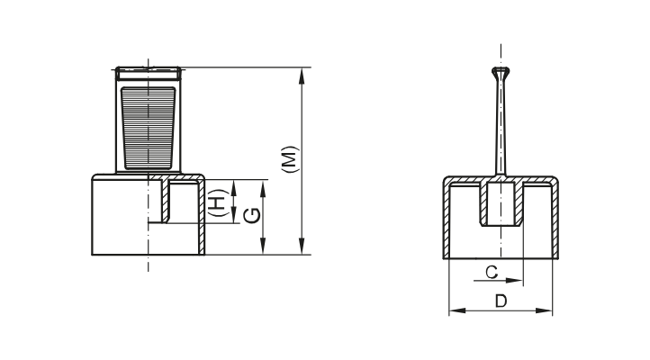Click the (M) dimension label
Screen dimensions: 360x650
pyautogui.click(x=287, y=161)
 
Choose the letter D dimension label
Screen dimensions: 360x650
pyautogui.click(x=500, y=300)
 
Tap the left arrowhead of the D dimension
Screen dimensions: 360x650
pyautogui.click(x=454, y=310)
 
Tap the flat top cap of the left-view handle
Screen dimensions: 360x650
pyautogui.click(x=149, y=68)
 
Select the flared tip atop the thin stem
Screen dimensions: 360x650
pyautogui.click(x=500, y=72)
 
